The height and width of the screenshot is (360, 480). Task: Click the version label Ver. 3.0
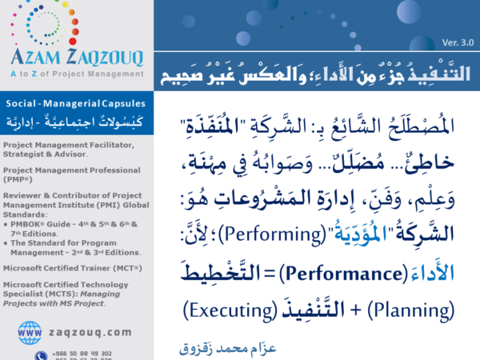point(456,42)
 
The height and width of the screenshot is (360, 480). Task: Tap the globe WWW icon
point(30,331)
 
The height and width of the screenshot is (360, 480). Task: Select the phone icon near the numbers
point(41,354)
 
